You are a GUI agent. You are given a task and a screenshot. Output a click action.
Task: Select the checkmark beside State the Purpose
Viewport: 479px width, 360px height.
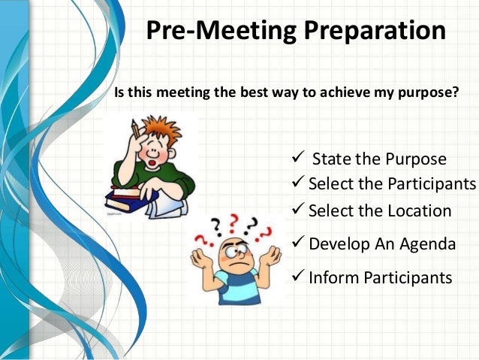[296, 158]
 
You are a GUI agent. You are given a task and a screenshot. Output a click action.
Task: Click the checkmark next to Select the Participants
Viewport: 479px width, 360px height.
[297, 183]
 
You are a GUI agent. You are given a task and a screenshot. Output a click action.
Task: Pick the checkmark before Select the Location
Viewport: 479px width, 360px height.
[297, 210]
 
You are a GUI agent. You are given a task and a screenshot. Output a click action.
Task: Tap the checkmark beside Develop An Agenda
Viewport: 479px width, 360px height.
[297, 243]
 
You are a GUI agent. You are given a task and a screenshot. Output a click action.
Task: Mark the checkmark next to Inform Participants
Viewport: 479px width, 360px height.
[297, 277]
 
